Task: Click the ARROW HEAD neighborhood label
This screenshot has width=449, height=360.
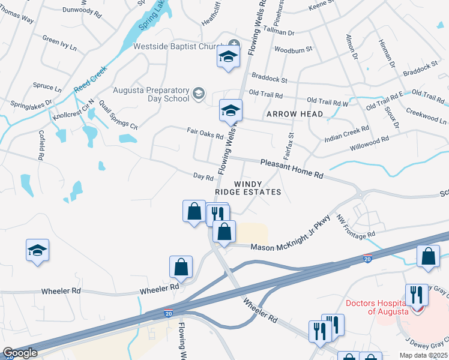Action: [295, 114]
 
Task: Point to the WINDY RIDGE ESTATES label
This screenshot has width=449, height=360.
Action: [249, 188]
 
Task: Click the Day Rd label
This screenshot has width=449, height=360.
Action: [203, 178]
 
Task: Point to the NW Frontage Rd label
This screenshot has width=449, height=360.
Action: [355, 227]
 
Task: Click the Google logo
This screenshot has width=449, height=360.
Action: [20, 353]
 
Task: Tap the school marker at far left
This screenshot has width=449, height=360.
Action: [38, 250]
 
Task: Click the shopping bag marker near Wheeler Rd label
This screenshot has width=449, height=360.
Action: [181, 268]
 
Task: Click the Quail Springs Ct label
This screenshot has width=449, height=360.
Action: [118, 115]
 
